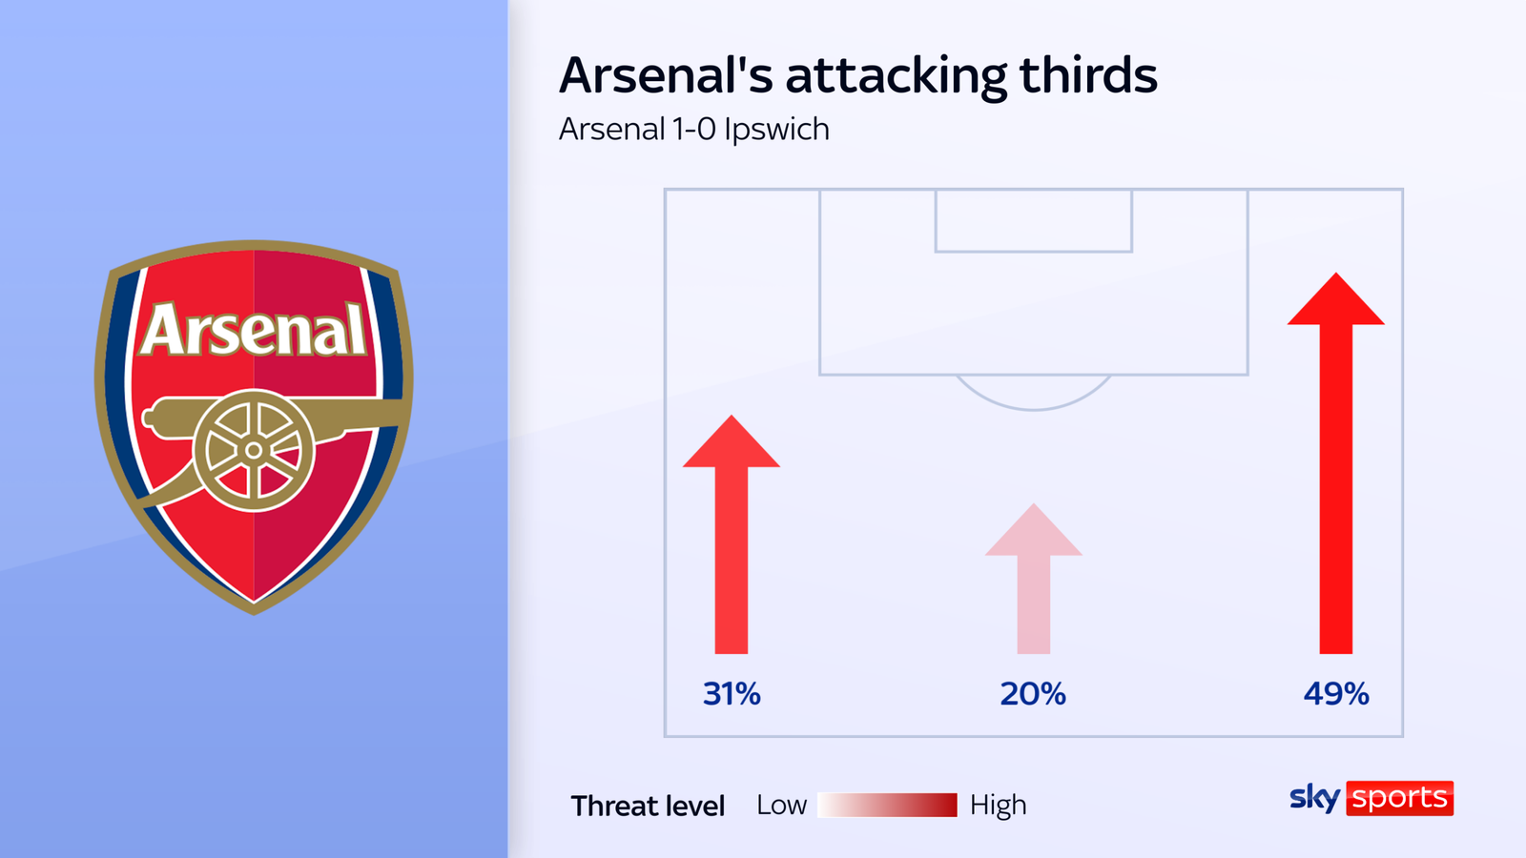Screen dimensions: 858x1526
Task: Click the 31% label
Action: coord(732,694)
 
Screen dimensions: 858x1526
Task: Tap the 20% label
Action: coord(1033,694)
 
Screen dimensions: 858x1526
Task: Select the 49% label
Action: coord(1336,694)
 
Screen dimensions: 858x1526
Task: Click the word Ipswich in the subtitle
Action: coord(776,130)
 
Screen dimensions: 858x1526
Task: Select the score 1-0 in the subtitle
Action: coord(694,130)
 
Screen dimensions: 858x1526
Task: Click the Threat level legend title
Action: coord(648,807)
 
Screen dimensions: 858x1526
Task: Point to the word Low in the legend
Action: coord(781,806)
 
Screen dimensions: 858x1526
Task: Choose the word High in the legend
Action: coord(998,806)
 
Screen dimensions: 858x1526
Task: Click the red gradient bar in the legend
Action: coord(887,805)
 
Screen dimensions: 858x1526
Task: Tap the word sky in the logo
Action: coord(1314,798)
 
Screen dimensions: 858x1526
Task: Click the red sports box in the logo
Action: coord(1399,798)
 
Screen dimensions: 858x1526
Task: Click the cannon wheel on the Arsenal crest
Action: coord(254,450)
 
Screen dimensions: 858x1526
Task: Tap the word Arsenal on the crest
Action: coord(254,331)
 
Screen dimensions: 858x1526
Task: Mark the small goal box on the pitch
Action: coord(1033,221)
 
